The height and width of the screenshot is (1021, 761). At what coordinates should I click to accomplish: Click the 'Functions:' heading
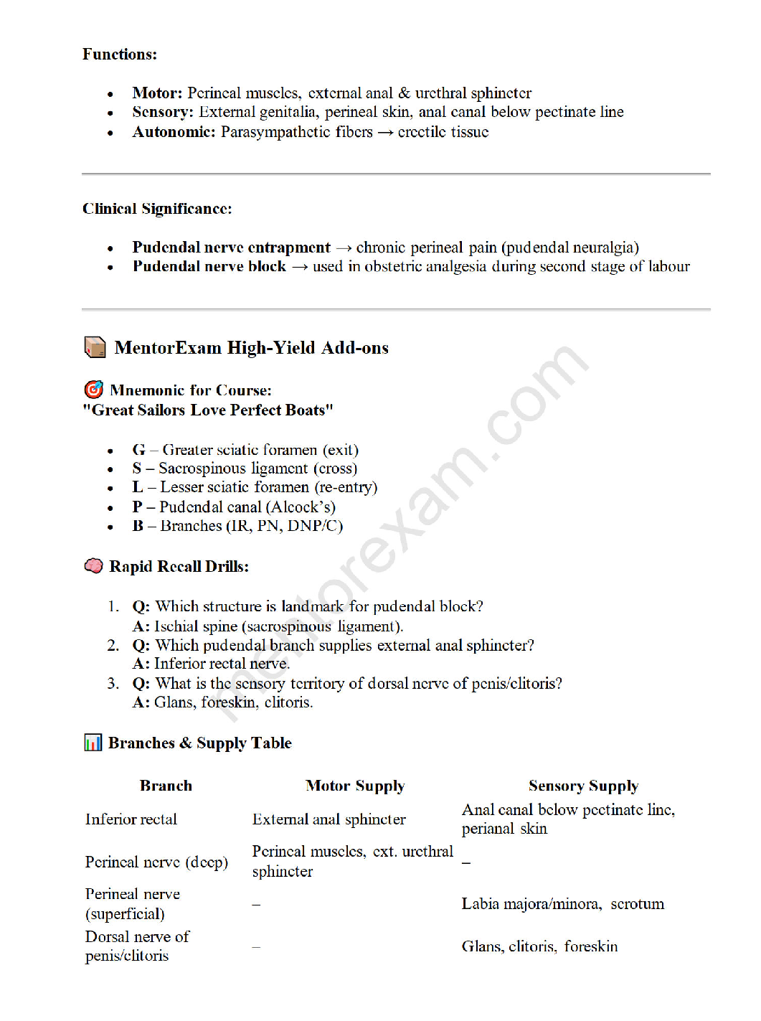point(119,55)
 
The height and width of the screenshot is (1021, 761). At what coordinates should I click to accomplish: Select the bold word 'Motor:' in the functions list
point(157,93)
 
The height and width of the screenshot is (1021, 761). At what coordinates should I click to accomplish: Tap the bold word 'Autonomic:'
point(174,132)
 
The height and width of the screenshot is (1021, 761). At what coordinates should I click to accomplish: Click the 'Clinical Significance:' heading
point(157,209)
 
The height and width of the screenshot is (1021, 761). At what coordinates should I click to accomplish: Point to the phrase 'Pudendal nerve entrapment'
point(231,248)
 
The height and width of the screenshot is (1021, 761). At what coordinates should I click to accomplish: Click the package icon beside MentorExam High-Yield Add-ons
point(95,347)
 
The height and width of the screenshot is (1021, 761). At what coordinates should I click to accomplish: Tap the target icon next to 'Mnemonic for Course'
point(93,390)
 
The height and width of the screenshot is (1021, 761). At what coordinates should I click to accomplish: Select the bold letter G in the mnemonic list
point(138,450)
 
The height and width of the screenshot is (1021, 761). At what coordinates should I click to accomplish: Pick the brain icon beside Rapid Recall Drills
point(93,566)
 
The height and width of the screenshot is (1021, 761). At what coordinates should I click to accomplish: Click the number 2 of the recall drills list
point(113,645)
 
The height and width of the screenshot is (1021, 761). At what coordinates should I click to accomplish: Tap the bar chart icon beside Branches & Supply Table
point(93,743)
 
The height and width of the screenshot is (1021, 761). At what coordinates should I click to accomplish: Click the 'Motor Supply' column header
point(355,786)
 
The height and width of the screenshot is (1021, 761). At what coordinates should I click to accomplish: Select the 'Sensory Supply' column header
point(583,786)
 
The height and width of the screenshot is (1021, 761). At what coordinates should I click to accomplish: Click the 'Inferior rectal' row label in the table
point(131,819)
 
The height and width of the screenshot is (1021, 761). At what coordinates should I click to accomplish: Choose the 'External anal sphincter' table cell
point(328,819)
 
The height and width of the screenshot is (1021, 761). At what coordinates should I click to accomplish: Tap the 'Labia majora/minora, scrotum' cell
point(562,904)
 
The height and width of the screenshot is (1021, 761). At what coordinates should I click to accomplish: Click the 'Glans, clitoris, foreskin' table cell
point(539,946)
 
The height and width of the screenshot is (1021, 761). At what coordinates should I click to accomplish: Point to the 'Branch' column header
point(166,786)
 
